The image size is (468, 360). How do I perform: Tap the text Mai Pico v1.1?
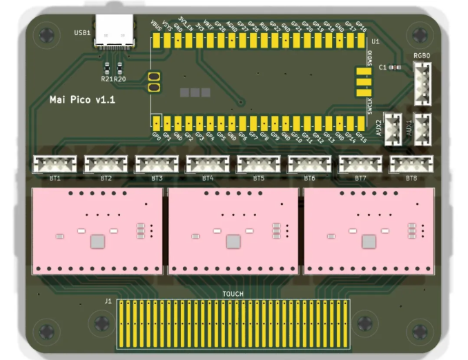82,100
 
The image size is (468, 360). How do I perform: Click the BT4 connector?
208,164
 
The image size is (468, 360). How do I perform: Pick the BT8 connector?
411,164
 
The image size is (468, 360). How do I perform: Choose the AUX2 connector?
393,128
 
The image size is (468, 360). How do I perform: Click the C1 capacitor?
395,67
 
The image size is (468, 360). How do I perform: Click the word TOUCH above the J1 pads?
233,294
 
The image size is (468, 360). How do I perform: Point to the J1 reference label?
108,301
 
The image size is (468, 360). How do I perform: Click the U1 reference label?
376,42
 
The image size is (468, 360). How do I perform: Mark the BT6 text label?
309,179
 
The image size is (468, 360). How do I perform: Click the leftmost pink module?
96,230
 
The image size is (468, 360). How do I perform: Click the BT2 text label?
106,179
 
